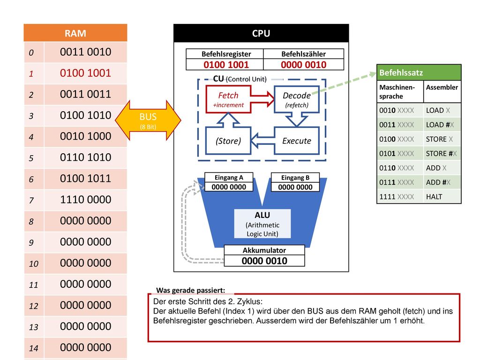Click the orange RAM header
75,33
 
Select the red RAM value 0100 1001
85,73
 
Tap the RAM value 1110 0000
85,200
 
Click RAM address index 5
31,158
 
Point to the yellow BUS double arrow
148,120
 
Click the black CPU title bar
261,33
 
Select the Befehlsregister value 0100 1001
226,65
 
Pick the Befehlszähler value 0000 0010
304,65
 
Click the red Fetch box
228,99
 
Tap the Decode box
297,99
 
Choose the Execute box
297,141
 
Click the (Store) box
228,141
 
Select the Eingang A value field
229,187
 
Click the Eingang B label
295,178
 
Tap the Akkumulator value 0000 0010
264,261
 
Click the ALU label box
262,224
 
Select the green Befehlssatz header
419,73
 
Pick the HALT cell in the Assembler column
434,197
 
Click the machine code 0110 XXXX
397,168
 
